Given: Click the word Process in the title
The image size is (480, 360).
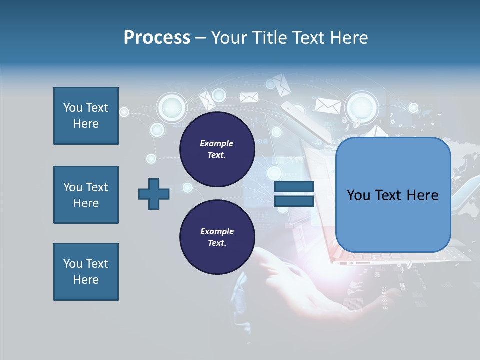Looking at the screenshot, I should [157, 38].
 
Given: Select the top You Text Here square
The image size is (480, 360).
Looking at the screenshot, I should [86, 116].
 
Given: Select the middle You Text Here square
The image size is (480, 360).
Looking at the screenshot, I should [86, 195].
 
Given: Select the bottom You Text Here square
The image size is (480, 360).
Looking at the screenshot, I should [86, 272].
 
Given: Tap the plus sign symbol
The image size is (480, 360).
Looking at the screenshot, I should [154, 194].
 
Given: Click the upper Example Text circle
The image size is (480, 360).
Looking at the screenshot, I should [217, 149].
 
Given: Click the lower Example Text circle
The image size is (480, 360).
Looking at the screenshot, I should [217, 237].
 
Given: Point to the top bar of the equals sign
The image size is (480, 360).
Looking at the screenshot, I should [294, 187].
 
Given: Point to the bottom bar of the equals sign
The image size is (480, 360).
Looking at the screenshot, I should [294, 201].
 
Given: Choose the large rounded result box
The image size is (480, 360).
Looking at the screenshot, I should [393, 195].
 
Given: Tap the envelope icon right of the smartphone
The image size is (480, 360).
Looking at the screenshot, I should [328, 105].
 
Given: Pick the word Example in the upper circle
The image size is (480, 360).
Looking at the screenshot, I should [217, 143].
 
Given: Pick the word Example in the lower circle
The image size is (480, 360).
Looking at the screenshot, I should [217, 231].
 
